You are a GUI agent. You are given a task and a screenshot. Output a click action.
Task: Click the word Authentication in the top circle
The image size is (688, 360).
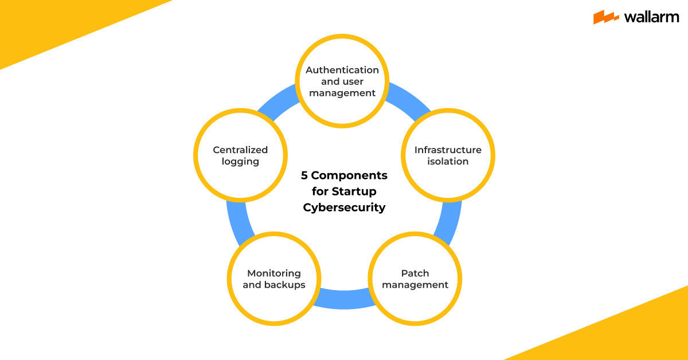click(342, 70)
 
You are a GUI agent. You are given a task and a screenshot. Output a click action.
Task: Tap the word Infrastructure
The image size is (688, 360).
click(448, 150)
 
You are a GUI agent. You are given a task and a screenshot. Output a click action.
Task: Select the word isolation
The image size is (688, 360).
click(448, 162)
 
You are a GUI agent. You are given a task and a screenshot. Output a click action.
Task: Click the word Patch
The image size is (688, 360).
click(415, 273)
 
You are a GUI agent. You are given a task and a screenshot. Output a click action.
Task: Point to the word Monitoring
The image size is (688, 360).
click(274, 273)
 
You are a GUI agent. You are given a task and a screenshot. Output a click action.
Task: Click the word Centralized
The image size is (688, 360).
click(240, 150)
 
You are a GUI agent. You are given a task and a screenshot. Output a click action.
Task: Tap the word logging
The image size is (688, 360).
click(240, 162)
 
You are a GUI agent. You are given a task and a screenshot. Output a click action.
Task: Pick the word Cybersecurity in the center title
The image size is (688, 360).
click(344, 208)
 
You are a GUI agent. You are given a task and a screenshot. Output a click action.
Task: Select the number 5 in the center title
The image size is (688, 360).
click(304, 175)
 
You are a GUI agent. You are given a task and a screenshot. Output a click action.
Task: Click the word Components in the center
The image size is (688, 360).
click(350, 175)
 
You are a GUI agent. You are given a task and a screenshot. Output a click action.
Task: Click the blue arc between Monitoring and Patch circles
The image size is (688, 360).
click(344, 299)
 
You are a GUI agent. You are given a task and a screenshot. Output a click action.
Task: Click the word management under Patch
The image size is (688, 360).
click(415, 285)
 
